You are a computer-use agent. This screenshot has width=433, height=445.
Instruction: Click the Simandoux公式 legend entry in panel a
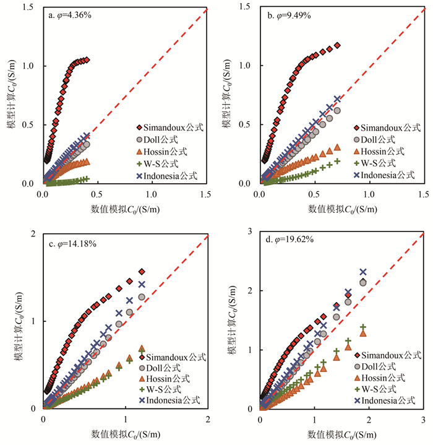point(170,127)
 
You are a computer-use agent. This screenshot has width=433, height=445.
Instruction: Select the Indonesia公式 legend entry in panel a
point(170,176)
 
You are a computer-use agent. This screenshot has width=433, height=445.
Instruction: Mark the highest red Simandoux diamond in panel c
point(142,272)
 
